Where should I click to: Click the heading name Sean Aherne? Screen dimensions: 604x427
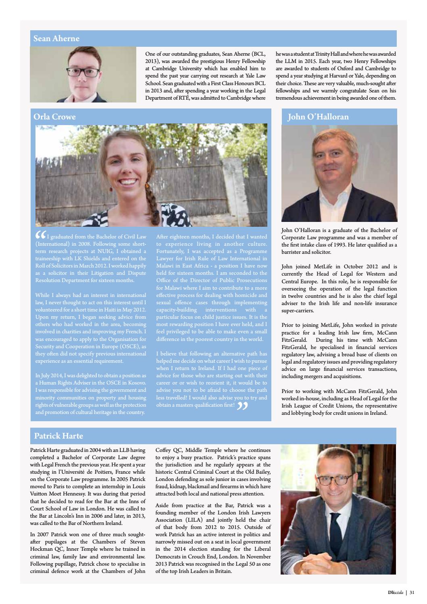[56, 39]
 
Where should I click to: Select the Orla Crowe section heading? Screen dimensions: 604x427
[54, 117]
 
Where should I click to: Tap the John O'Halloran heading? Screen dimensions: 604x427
[318, 117]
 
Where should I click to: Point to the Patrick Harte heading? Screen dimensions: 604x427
[58, 436]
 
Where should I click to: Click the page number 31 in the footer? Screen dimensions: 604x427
[412, 593]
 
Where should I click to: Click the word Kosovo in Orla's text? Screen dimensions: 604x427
[136, 383]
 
